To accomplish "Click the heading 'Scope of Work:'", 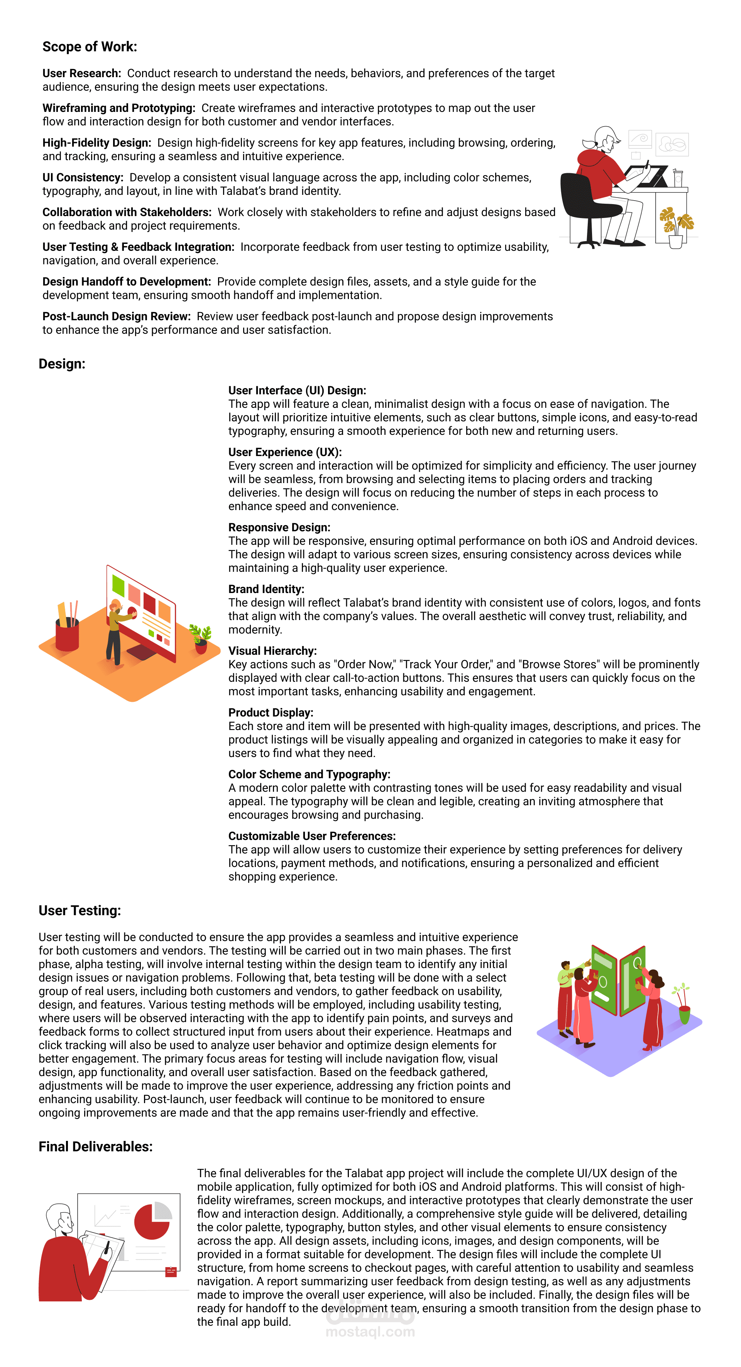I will (x=90, y=47).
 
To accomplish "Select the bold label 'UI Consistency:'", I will (x=83, y=178).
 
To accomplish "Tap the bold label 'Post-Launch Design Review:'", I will (x=116, y=317).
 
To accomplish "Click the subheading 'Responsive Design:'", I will (x=279, y=527).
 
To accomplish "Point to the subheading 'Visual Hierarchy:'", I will (x=272, y=651).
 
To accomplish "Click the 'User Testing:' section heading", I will (x=80, y=911).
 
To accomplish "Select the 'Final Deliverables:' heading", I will (x=96, y=1147).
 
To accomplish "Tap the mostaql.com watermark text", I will (x=370, y=1332).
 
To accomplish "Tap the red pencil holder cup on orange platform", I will (x=68, y=634).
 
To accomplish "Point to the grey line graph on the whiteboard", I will (x=105, y=1216).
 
